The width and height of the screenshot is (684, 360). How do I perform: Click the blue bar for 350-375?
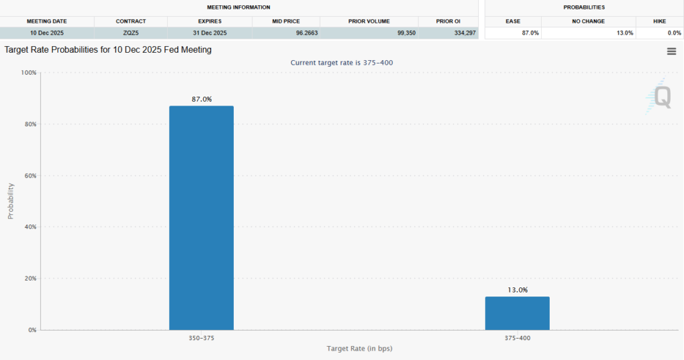(x=201, y=217)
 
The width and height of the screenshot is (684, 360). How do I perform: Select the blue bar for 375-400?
(x=517, y=313)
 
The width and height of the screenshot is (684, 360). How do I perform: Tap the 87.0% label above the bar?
(x=201, y=99)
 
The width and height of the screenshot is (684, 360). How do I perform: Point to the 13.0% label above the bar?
(x=517, y=290)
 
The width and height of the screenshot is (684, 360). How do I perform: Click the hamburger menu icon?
(x=671, y=51)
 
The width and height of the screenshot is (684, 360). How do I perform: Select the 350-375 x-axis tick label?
(x=201, y=338)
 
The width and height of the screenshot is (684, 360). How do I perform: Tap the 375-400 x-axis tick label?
(x=517, y=338)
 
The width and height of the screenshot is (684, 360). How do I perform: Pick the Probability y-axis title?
(x=11, y=201)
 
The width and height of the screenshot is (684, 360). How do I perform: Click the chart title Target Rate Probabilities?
(x=108, y=50)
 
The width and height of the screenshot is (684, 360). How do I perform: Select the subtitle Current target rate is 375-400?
(x=345, y=62)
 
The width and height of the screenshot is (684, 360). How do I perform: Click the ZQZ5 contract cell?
(x=131, y=33)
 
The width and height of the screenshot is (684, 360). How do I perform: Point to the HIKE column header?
(x=659, y=21)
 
